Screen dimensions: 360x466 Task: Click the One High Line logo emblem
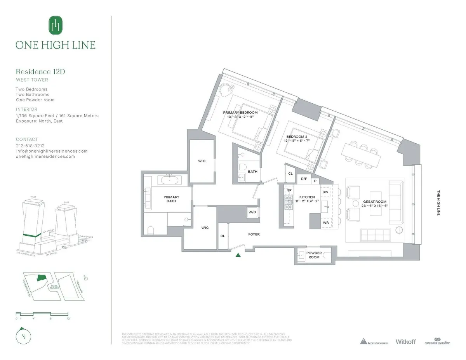(x=55, y=26)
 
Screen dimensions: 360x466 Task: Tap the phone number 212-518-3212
(x=30, y=146)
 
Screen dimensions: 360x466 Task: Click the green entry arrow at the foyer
(x=238, y=255)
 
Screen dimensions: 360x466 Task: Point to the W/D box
(x=252, y=212)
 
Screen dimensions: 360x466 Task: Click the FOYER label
(x=254, y=234)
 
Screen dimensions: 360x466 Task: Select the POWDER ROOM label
(x=314, y=255)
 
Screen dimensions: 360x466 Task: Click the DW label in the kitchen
(x=325, y=192)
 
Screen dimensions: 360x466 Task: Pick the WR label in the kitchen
(x=325, y=223)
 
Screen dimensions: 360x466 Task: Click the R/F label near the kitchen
(x=304, y=179)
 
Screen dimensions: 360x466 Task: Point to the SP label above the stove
(x=289, y=190)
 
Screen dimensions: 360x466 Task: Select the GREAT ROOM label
(x=374, y=202)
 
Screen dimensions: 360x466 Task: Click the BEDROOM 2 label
(x=297, y=137)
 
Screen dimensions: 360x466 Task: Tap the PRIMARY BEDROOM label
(x=240, y=112)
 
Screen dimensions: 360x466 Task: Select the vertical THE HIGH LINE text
(x=439, y=203)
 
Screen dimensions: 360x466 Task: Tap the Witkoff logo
(x=405, y=341)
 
